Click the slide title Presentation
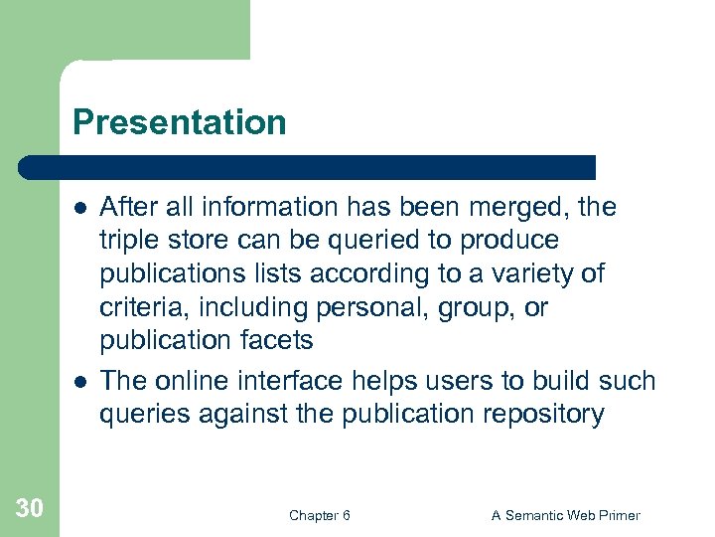(179, 122)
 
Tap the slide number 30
(30, 508)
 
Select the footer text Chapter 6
(319, 515)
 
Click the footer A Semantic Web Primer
(566, 515)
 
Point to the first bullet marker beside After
(78, 208)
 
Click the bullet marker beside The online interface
(78, 382)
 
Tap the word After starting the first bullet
(127, 208)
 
